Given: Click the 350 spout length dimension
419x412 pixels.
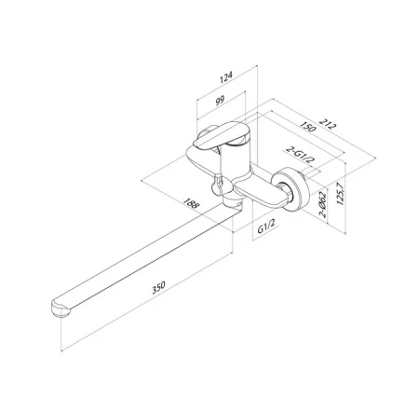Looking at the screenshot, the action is pos(158,287).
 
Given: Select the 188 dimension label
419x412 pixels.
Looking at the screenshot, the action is pos(191,203).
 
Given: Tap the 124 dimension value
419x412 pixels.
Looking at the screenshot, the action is pos(226,77).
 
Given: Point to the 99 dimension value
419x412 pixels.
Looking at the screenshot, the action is pos(220,101).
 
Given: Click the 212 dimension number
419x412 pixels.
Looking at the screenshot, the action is pos(328,124).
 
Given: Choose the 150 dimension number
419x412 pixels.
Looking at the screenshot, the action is pos(308,127).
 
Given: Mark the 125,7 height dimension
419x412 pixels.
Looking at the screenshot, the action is pos(341,193).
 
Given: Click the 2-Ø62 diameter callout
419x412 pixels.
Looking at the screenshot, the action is pos(323,204).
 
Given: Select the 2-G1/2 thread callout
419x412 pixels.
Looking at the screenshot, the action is pos(300,155).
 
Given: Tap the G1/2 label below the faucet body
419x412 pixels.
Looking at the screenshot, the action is pos(266,227).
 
